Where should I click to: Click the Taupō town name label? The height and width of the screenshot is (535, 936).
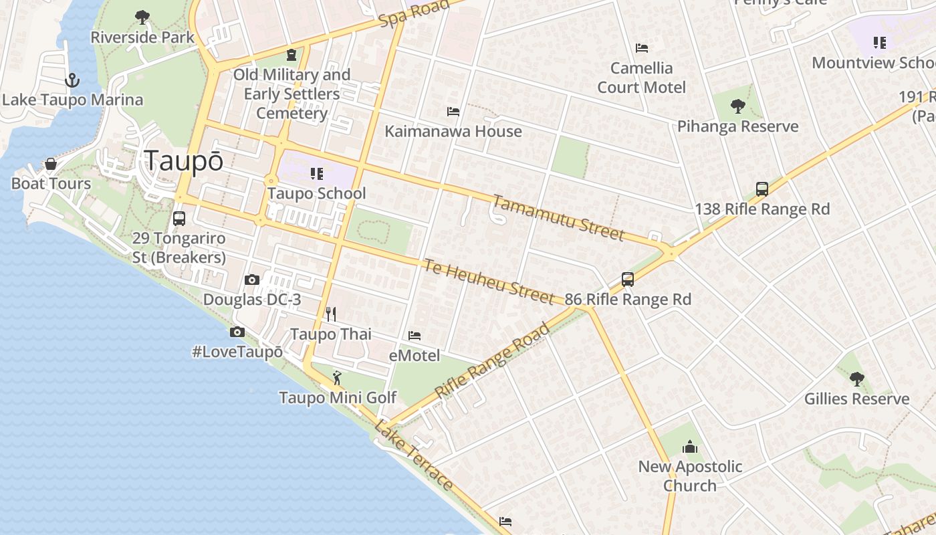pyautogui.click(x=183, y=161)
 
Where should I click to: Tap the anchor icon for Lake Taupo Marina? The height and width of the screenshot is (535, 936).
pyautogui.click(x=72, y=81)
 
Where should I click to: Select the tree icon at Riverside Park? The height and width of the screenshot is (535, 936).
pyautogui.click(x=142, y=17)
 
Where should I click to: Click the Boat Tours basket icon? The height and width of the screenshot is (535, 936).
pyautogui.click(x=50, y=165)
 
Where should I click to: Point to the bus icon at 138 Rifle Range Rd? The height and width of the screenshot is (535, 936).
pyautogui.click(x=762, y=189)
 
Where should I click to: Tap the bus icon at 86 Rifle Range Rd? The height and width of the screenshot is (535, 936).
pyautogui.click(x=627, y=280)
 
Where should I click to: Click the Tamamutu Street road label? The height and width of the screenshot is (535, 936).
pyautogui.click(x=558, y=217)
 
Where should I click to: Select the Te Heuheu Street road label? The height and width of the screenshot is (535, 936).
pyautogui.click(x=488, y=281)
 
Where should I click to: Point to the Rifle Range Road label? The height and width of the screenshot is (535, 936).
pyautogui.click(x=492, y=362)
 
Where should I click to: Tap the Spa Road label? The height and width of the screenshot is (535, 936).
pyautogui.click(x=413, y=14)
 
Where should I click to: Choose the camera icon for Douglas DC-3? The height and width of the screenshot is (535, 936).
pyautogui.click(x=252, y=280)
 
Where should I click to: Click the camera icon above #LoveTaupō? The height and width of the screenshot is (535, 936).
pyautogui.click(x=237, y=332)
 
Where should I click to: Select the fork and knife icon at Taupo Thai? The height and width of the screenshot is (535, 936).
pyautogui.click(x=330, y=314)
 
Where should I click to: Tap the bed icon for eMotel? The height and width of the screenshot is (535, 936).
pyautogui.click(x=415, y=336)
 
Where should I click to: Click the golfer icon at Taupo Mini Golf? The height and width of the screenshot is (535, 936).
pyautogui.click(x=337, y=379)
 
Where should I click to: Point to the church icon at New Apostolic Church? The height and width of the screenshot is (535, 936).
pyautogui.click(x=689, y=447)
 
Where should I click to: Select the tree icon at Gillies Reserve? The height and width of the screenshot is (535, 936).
pyautogui.click(x=856, y=379)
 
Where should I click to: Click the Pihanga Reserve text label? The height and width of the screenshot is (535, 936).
pyautogui.click(x=737, y=126)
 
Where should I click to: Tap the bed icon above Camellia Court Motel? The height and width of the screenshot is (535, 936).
pyautogui.click(x=642, y=48)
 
